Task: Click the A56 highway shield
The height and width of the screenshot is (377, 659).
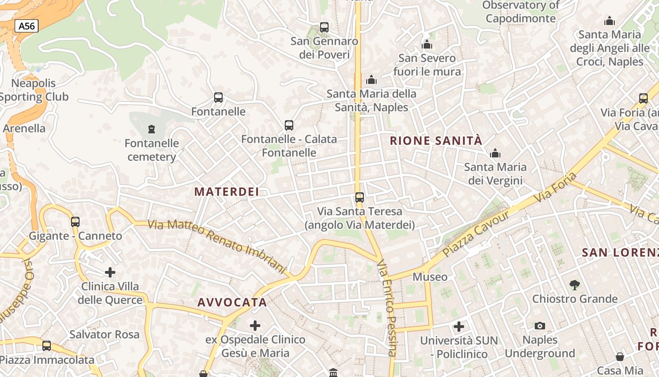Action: point(26,26)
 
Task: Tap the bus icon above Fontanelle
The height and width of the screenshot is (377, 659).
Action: point(218,98)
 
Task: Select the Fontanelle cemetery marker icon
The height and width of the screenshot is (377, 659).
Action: point(151,129)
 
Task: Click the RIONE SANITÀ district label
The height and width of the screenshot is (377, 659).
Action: point(436,140)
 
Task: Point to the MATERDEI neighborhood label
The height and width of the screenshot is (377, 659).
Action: point(226,191)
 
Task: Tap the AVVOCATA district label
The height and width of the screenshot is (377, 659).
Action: point(232,303)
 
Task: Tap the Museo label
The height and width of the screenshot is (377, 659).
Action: point(430,277)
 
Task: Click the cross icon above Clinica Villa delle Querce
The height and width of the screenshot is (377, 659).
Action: point(110,272)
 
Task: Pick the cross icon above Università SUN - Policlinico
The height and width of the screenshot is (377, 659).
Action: point(458,326)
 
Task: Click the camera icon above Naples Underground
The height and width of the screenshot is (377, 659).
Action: point(539,326)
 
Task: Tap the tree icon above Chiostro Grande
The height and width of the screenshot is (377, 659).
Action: point(574,285)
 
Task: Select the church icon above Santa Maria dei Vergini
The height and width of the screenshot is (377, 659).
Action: point(495,153)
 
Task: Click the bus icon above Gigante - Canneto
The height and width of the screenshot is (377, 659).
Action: point(75,221)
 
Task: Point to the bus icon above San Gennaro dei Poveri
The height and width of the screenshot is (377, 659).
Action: point(324,27)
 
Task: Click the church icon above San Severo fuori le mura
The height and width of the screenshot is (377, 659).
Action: point(427,45)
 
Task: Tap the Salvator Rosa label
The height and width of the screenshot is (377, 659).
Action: point(104,335)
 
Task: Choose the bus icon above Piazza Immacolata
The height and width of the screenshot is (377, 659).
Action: point(47,346)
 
